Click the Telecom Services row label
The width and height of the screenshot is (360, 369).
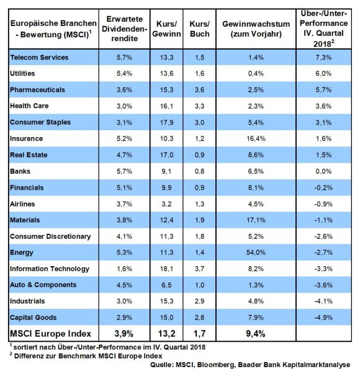click(39, 57)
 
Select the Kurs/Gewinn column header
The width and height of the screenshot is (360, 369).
click(166, 29)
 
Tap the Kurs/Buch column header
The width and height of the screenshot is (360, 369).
click(200, 29)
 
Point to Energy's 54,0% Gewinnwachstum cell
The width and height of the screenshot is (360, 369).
click(256, 252)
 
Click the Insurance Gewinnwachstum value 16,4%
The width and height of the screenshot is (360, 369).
click(256, 138)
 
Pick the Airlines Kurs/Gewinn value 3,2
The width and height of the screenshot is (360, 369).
click(166, 204)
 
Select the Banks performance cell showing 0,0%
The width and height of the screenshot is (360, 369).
click(323, 171)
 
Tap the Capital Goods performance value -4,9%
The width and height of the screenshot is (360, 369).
click(323, 318)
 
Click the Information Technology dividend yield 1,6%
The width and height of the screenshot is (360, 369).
click(124, 269)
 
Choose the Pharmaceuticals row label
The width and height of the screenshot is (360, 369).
click(37, 90)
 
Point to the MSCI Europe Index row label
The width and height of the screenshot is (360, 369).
click(50, 334)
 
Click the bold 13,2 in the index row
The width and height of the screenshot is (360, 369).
click(166, 334)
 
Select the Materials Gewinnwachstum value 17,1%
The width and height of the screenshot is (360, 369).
click(256, 220)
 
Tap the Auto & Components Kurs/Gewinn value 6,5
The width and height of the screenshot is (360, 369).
click(166, 285)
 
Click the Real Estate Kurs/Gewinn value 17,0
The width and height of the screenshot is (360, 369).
click(166, 155)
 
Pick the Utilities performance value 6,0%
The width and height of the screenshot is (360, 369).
click(323, 73)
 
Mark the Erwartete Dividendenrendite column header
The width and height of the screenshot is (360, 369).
click(124, 29)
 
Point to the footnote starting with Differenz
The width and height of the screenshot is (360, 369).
click(86, 356)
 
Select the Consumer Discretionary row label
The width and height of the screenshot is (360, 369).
click(50, 236)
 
